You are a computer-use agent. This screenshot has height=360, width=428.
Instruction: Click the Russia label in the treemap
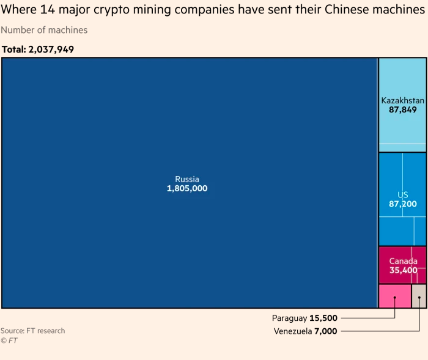point(187,179)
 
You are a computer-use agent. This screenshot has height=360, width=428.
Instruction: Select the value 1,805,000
point(187,189)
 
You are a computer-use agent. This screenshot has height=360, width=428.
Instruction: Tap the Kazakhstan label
point(402,100)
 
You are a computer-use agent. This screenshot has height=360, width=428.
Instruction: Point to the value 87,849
point(402,110)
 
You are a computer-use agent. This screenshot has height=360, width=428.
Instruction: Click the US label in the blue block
point(402,195)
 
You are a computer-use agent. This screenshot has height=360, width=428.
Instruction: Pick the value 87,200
point(402,204)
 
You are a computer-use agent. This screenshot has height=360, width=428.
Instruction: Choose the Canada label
point(403,261)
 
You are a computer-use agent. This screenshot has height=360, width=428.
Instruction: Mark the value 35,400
point(403,270)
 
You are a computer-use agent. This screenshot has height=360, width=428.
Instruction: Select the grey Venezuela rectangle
point(419,296)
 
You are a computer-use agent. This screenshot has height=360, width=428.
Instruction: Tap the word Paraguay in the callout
point(289,318)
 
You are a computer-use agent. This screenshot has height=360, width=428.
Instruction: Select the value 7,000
point(325,331)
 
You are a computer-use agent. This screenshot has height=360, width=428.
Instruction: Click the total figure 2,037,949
point(51,50)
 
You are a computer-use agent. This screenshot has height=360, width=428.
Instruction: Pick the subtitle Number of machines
point(44,30)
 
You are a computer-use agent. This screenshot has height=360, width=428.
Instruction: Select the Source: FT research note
point(32,331)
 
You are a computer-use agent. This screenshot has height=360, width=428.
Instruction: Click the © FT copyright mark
point(9,340)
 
